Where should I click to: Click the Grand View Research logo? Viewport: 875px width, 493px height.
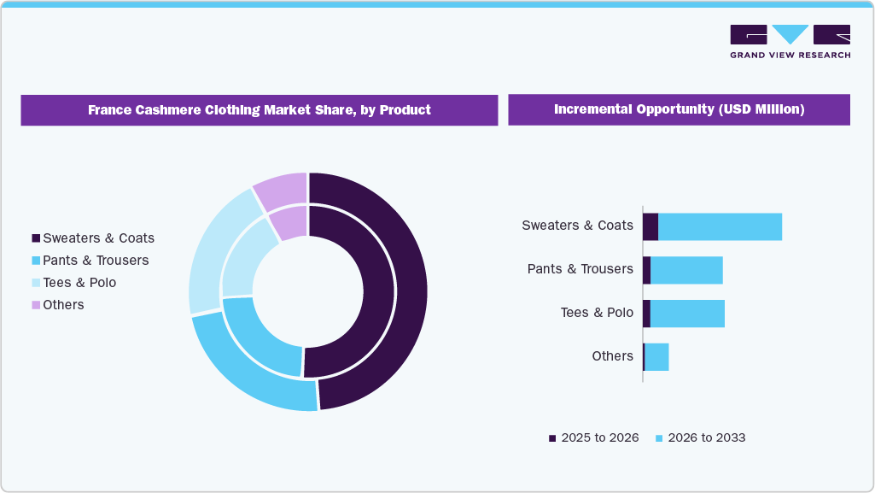click(x=790, y=41)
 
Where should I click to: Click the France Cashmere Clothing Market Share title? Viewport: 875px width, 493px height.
click(x=259, y=110)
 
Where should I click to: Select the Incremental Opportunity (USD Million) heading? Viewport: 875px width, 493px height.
click(x=679, y=109)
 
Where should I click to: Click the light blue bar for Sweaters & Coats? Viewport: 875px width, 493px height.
click(x=720, y=226)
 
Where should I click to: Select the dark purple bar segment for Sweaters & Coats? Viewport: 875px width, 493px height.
click(x=650, y=226)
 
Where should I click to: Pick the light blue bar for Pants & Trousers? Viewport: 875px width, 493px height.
click(x=686, y=270)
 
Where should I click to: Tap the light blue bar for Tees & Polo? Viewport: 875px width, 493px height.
click(x=687, y=314)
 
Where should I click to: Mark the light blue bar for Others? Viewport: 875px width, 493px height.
click(x=656, y=357)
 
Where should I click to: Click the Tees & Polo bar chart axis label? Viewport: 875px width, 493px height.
click(x=597, y=313)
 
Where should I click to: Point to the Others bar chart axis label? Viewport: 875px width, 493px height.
click(x=612, y=356)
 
